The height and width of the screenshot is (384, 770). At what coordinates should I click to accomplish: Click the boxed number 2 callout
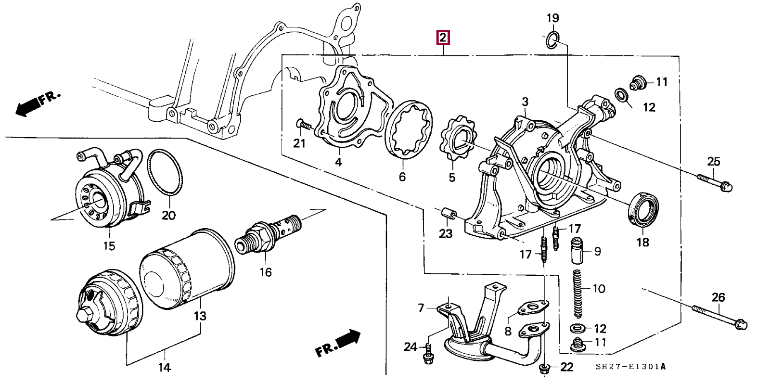click(442, 38)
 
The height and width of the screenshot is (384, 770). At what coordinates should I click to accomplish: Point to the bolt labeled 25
click(715, 181)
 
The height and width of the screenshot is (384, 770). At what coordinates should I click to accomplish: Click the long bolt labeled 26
click(719, 316)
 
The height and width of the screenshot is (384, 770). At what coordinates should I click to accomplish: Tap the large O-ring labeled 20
click(165, 172)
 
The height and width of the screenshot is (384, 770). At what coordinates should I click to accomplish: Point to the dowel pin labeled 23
click(447, 213)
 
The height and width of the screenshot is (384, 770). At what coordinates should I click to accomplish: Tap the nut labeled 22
click(545, 368)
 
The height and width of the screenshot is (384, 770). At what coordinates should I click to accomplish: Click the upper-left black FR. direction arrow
click(28, 107)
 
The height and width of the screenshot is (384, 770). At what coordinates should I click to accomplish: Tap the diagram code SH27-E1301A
click(630, 367)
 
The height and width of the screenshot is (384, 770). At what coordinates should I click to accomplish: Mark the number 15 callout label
click(109, 246)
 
